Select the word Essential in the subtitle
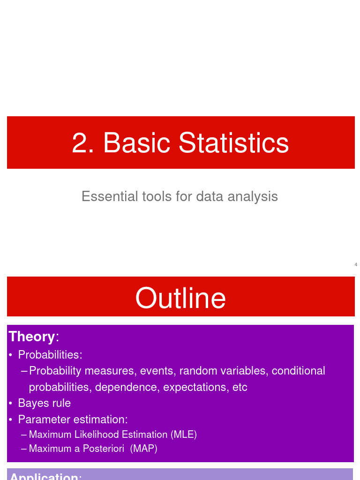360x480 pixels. [110, 196]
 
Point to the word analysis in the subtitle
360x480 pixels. [253, 196]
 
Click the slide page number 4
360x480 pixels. [356, 265]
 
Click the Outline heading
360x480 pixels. [180, 298]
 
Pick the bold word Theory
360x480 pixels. [32, 337]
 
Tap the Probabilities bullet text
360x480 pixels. [50, 355]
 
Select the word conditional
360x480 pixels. [299, 371]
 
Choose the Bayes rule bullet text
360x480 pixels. [45, 403]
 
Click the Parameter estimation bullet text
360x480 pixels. [73, 419]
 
